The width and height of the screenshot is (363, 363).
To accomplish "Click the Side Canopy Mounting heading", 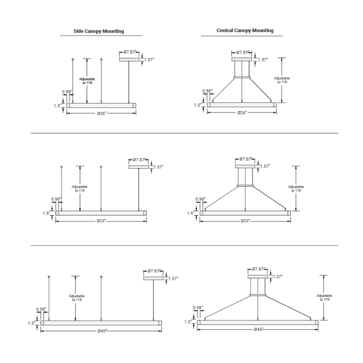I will pyautogui.click(x=98, y=31).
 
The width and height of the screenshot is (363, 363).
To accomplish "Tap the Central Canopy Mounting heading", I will pyautogui.click(x=245, y=30).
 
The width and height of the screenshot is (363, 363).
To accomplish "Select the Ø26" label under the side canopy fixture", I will pyautogui.click(x=101, y=113).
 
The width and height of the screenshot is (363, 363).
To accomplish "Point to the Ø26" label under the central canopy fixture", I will pyautogui.click(x=242, y=113).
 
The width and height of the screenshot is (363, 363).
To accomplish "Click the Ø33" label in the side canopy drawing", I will pyautogui.click(x=101, y=221).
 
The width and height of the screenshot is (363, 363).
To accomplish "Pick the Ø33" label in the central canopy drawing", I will pyautogui.click(x=245, y=221).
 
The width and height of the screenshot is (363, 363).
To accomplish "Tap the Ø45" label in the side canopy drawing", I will pyautogui.click(x=102, y=331).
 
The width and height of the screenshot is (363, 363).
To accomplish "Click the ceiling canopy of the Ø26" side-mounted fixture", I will pyautogui.click(x=129, y=59).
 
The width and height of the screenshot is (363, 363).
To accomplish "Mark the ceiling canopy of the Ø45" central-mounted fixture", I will pyautogui.click(x=258, y=276).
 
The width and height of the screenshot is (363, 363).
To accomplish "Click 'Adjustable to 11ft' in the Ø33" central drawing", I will pyautogui.click(x=295, y=188).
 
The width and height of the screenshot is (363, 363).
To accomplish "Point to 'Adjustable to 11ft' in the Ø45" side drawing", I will pyautogui.click(x=76, y=298).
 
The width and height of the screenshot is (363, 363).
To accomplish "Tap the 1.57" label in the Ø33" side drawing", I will pyautogui.click(x=158, y=167).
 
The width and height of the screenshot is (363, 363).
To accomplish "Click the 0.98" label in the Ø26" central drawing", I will pyautogui.click(x=208, y=91).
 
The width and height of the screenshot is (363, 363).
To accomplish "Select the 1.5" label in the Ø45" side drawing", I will pyautogui.click(x=31, y=323).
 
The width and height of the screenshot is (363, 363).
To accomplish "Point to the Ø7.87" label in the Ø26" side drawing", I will pyautogui.click(x=129, y=52).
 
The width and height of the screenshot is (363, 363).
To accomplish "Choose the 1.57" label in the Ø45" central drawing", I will pyautogui.click(x=277, y=276).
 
